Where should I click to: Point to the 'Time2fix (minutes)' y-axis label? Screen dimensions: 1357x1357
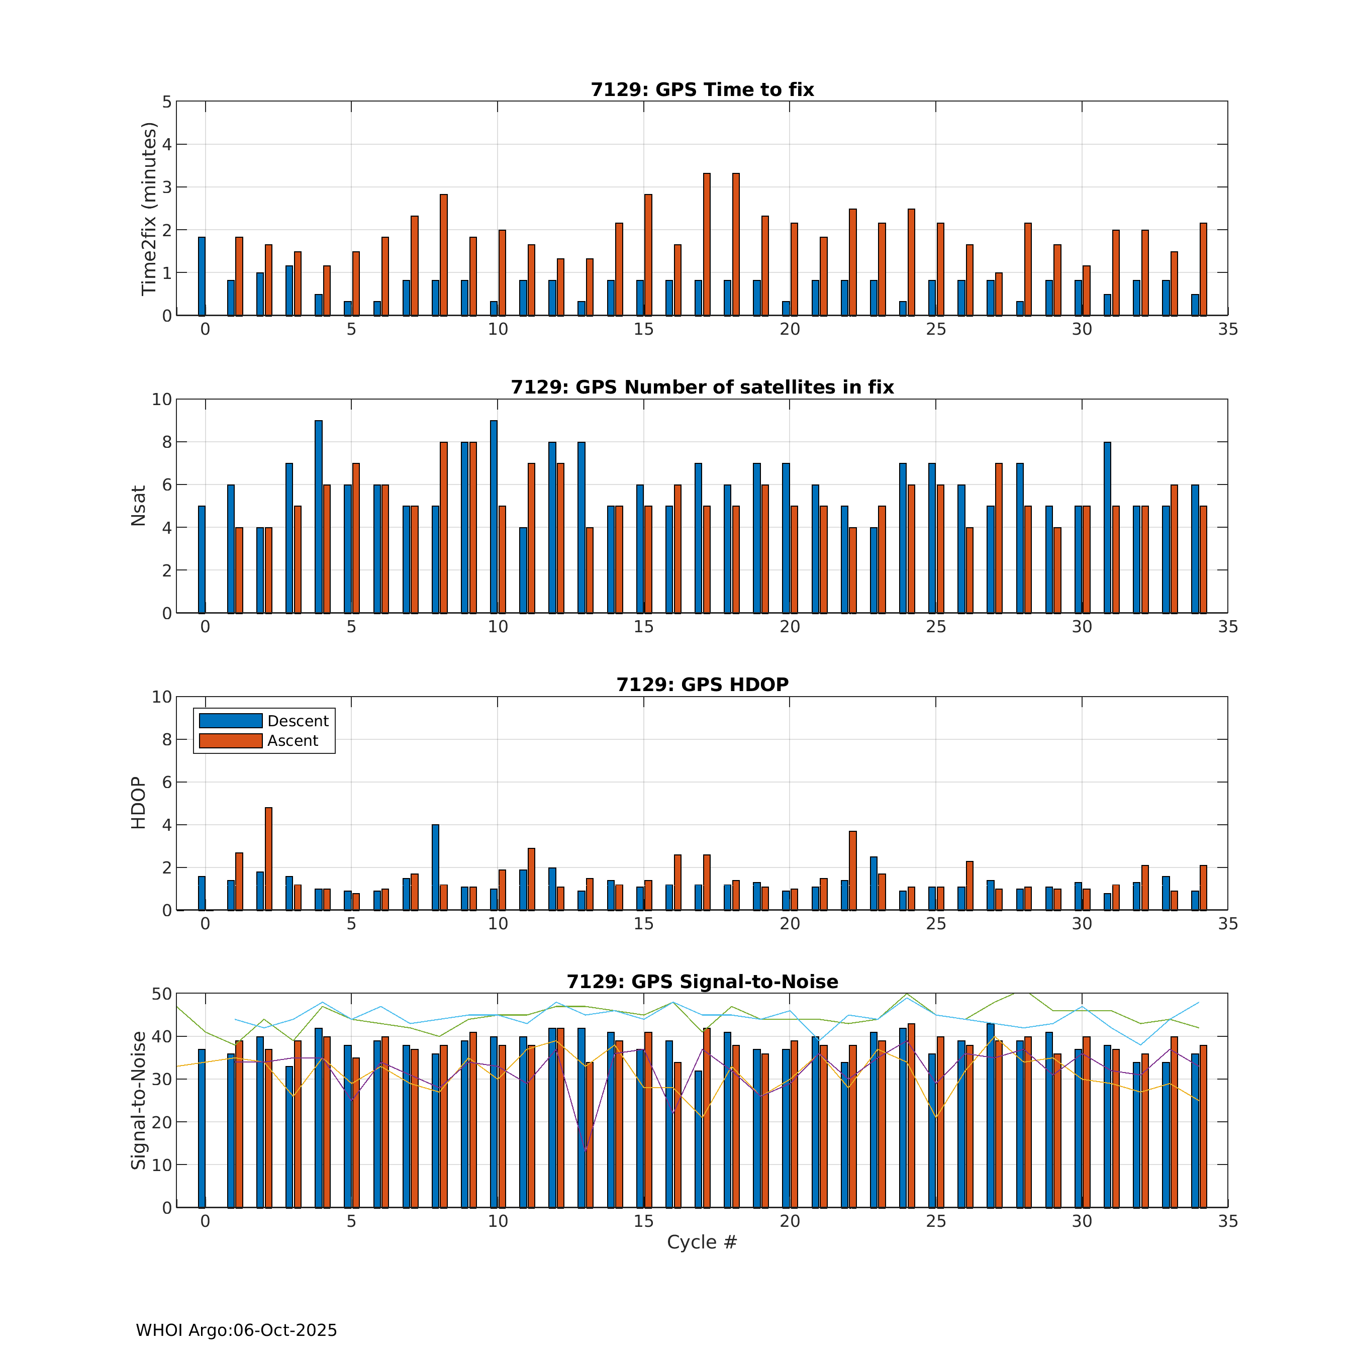tap(149, 209)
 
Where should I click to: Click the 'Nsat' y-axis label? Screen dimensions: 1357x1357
tap(138, 506)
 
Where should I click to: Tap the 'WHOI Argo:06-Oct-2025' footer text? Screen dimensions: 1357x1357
tap(236, 1330)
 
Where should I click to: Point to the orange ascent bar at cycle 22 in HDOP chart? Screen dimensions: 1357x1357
tap(853, 870)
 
